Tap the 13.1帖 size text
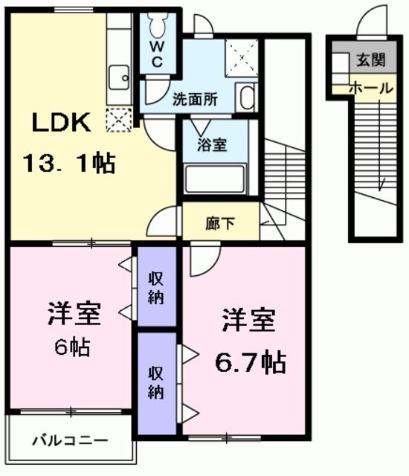tap(71, 162)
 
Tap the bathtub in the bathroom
tap(215, 178)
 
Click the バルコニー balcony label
tap(69, 440)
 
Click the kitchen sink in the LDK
tap(118, 77)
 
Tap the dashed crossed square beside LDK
tap(119, 119)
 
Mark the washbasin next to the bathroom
tap(247, 97)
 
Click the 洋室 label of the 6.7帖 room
tap(248, 321)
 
